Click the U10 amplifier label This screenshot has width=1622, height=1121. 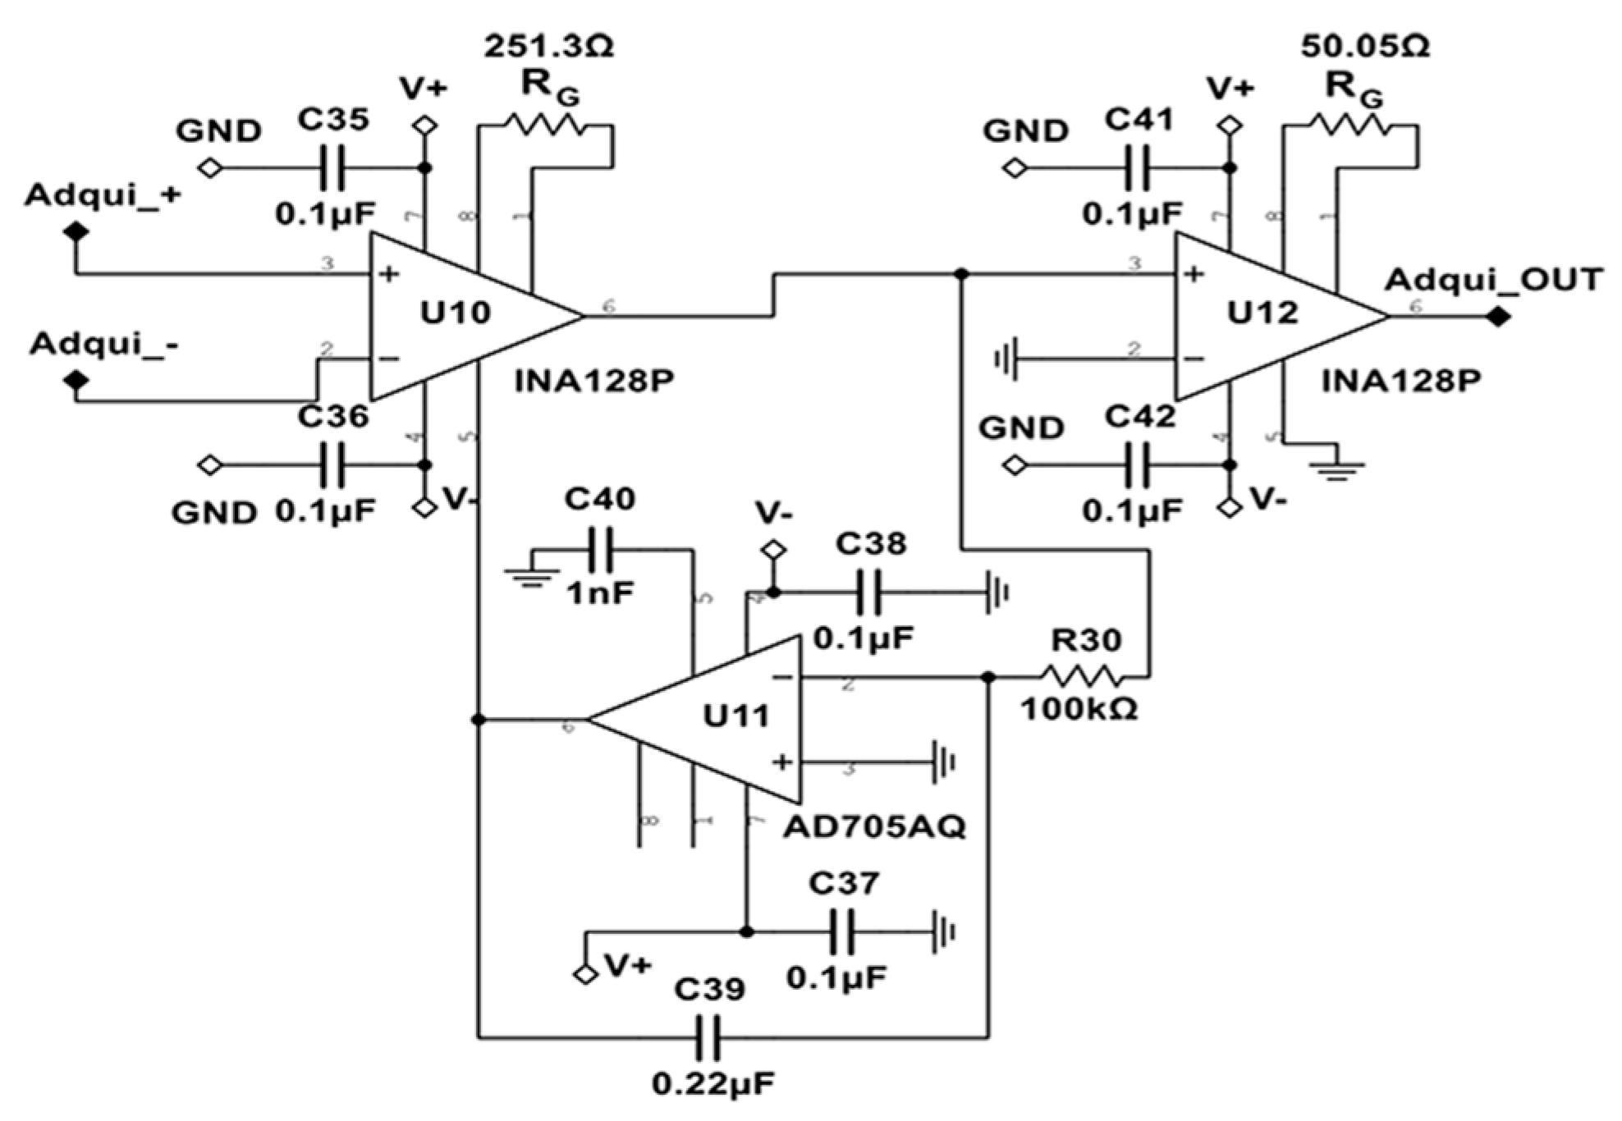click(456, 313)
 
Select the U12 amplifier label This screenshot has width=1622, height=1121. click(1262, 313)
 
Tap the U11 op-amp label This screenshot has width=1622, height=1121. click(736, 716)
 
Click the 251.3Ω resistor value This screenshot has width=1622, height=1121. click(548, 47)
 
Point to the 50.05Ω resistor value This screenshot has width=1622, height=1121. click(1365, 47)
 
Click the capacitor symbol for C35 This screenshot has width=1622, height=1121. click(332, 168)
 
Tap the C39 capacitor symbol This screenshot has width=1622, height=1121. click(708, 1039)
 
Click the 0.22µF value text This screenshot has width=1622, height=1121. click(713, 1085)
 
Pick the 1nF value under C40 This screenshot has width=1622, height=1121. click(600, 593)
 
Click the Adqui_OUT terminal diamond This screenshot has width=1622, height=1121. click(1498, 316)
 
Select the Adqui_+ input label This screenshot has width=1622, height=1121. click(103, 196)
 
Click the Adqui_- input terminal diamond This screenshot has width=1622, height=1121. click(76, 381)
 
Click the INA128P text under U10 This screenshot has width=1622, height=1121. click(593, 382)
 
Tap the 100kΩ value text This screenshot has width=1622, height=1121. click(1079, 709)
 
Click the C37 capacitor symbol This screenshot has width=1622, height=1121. click(845, 932)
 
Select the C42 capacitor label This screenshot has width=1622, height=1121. click(1140, 417)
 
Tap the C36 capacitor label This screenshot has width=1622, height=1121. click(332, 417)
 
